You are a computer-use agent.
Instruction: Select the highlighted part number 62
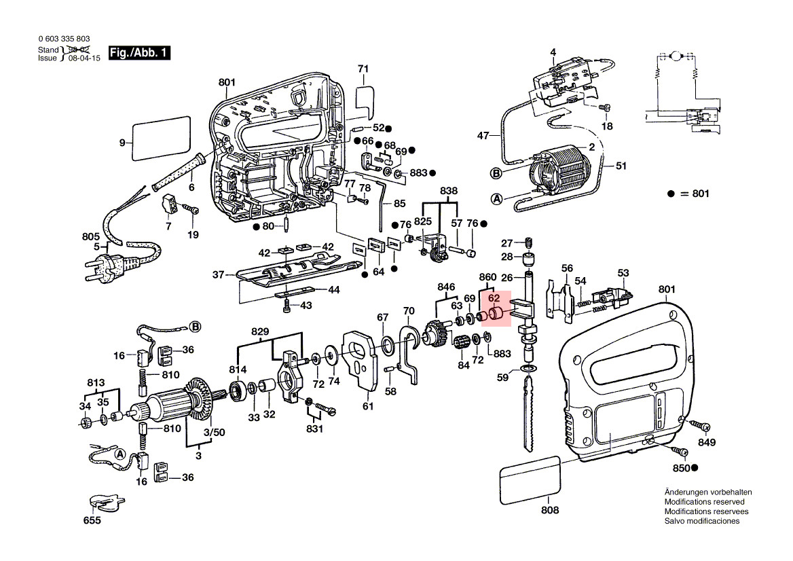pyautogui.click(x=494, y=297)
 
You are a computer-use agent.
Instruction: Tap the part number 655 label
pyautogui.click(x=92, y=521)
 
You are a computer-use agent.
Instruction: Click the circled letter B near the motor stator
pyautogui.click(x=496, y=173)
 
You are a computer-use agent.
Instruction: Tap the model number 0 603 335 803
pyautogui.click(x=64, y=39)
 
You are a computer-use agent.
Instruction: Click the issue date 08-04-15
pyautogui.click(x=84, y=58)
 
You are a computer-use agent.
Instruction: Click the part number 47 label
pyautogui.click(x=483, y=136)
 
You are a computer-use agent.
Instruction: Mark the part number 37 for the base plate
pyautogui.click(x=218, y=275)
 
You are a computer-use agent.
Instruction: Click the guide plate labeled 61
pyautogui.click(x=360, y=359)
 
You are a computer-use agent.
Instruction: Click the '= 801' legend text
pyautogui.click(x=695, y=194)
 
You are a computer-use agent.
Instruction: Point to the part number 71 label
pyautogui.click(x=363, y=69)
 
